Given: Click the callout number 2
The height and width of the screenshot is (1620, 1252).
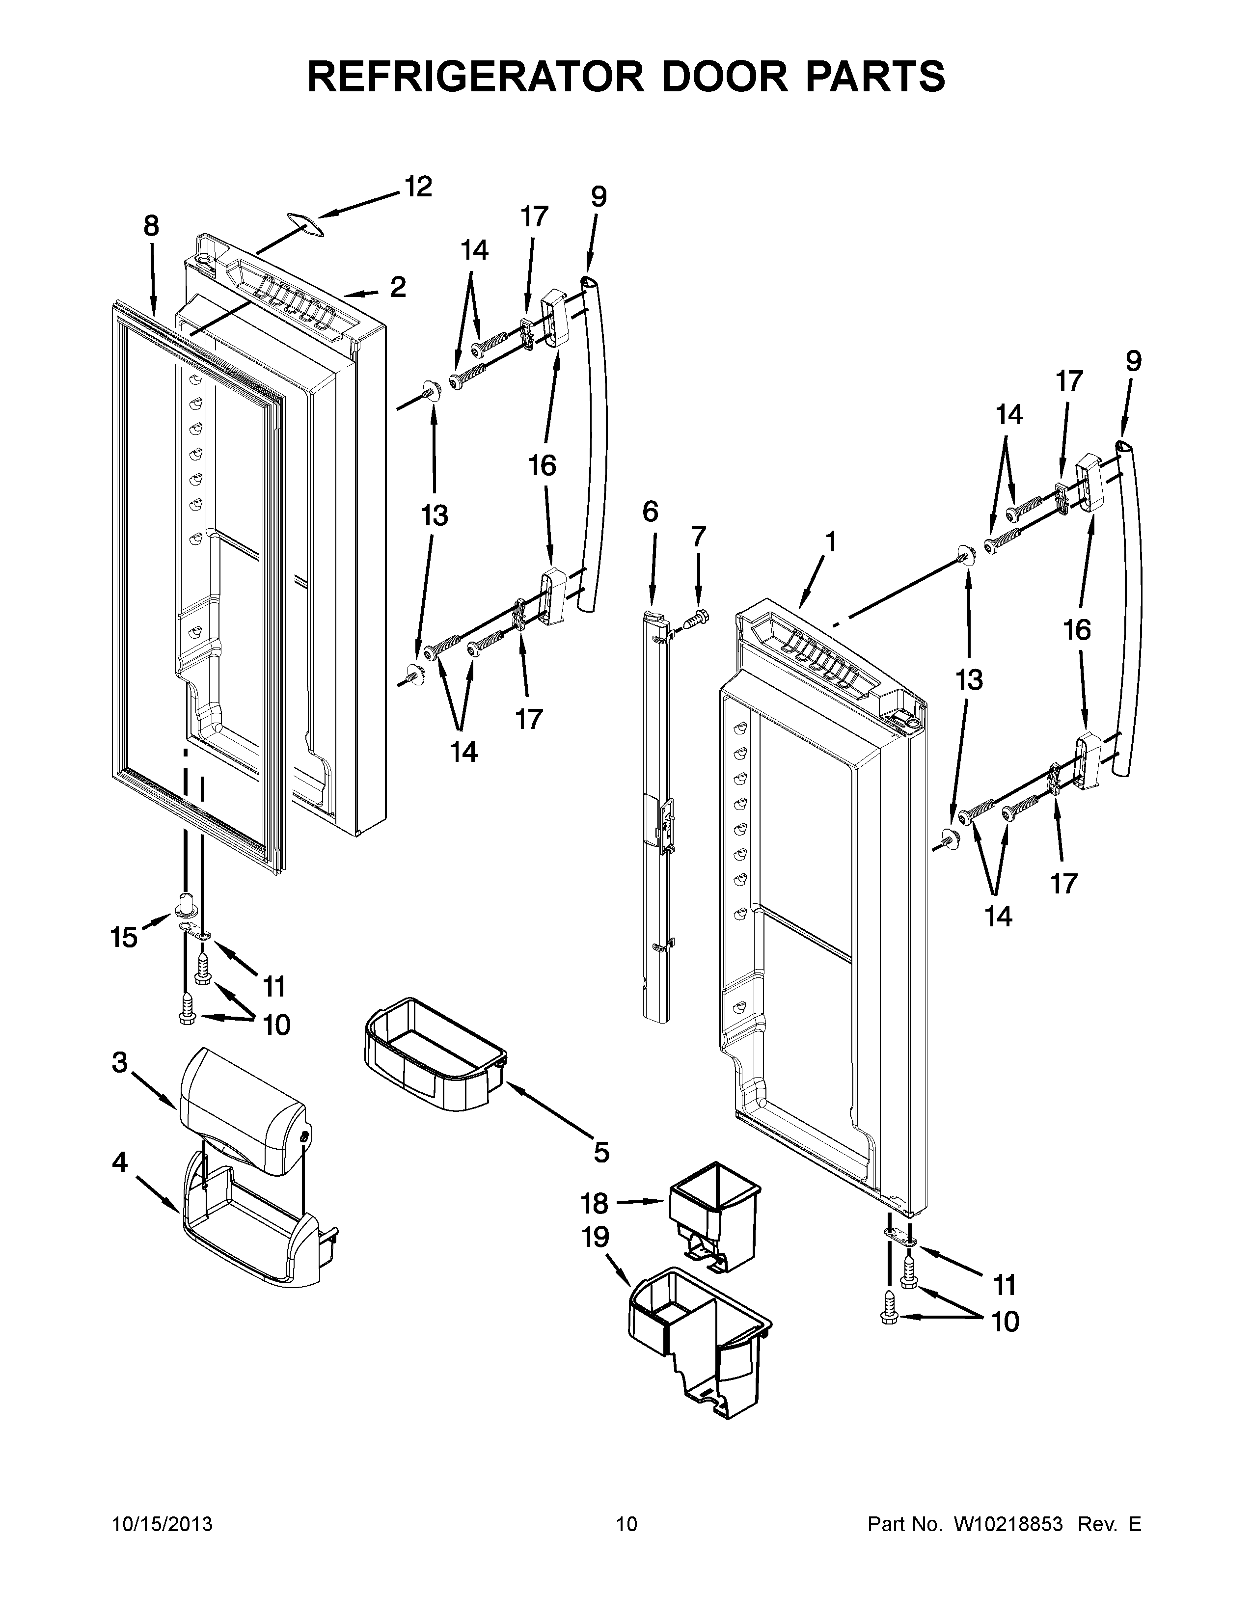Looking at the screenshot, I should (x=398, y=287).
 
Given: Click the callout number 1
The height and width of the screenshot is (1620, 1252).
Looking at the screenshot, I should (x=831, y=542).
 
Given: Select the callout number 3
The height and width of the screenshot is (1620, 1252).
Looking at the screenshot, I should (x=120, y=1063).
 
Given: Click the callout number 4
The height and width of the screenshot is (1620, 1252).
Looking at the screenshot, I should (x=120, y=1162).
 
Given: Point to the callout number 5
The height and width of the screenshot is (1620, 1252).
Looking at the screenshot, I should (x=601, y=1152).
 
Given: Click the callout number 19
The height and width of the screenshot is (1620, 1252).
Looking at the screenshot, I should (x=595, y=1237).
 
